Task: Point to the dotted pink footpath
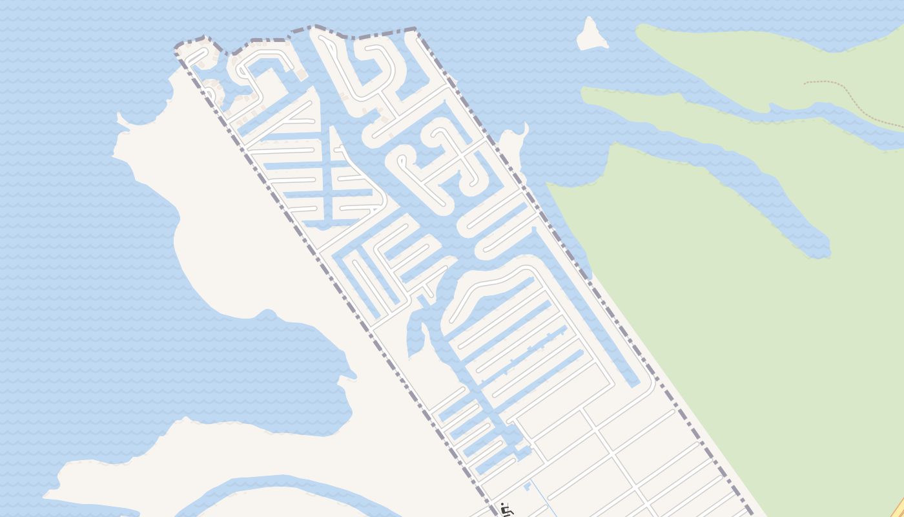point(852,103)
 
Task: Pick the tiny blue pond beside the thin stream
point(528,484)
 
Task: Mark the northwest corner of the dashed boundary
point(177,49)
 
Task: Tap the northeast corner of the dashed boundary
point(415,29)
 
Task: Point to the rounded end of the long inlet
point(819,248)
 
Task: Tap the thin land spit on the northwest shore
point(123,120)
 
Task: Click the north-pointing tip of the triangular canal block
point(332,129)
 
